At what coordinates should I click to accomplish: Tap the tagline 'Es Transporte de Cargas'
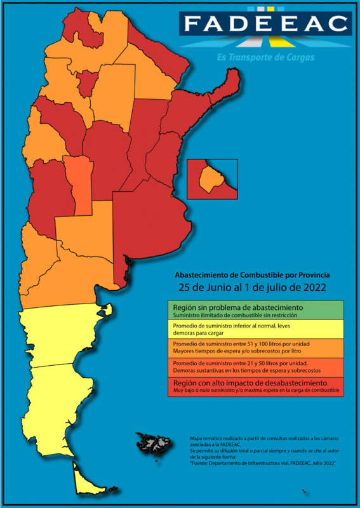[x=273, y=57]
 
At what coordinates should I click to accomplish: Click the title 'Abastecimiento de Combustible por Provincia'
[x=252, y=275]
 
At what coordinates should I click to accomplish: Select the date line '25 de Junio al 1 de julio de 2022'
[x=252, y=288]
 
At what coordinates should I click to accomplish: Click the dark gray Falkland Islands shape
[x=152, y=441]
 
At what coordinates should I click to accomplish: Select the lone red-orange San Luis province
[x=81, y=184]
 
